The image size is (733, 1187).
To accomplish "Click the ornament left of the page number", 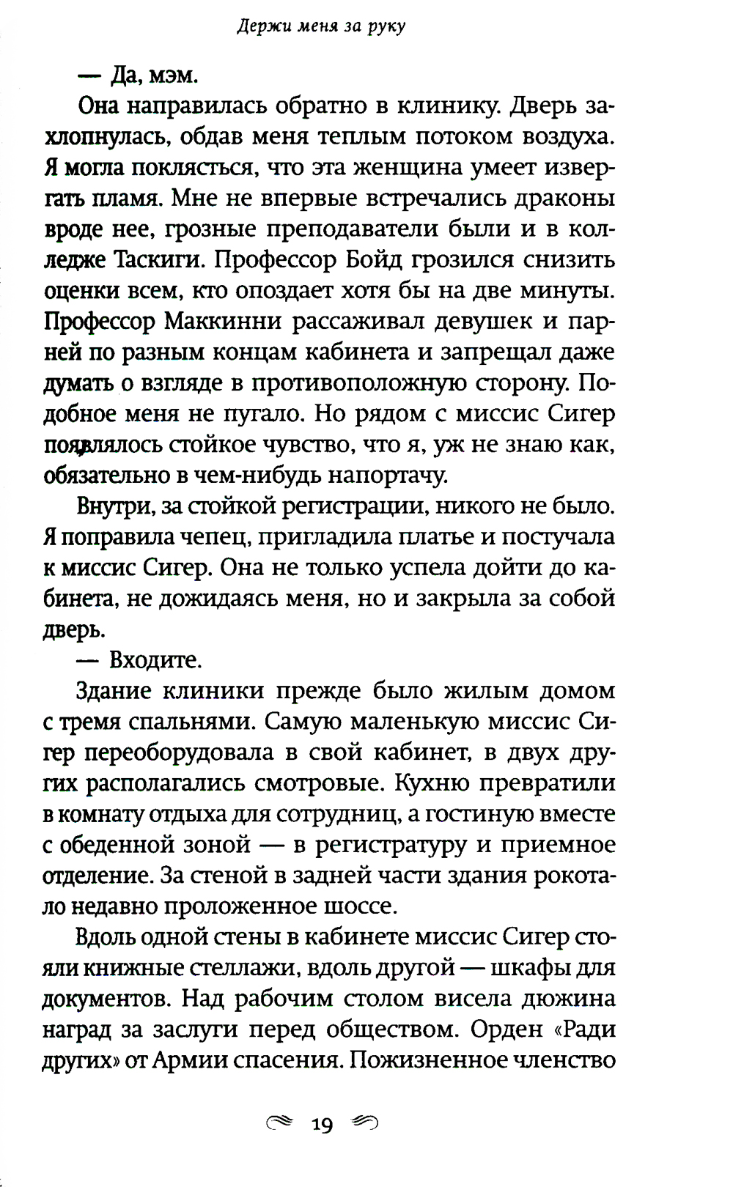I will (280, 1122).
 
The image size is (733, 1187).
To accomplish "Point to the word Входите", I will (155, 660).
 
